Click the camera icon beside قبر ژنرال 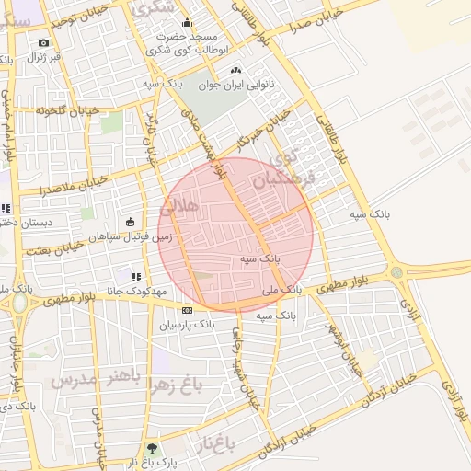point(43,42)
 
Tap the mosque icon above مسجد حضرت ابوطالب point(188,24)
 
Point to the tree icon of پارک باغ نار point(151,450)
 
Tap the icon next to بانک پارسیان point(187,310)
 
